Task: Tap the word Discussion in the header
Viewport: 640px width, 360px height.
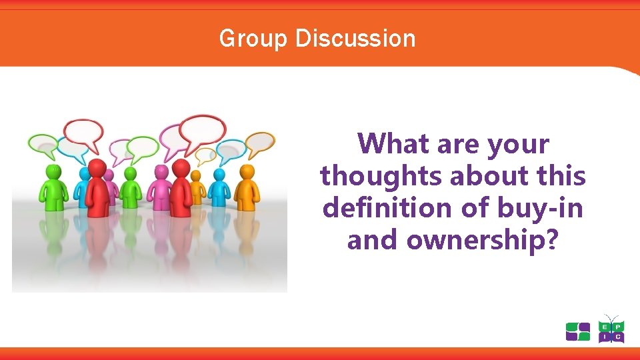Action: click(355, 39)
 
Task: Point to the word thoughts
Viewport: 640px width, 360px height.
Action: click(381, 176)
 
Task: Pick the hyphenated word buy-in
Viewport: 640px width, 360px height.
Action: click(540, 208)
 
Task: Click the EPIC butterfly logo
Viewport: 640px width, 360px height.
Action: click(611, 329)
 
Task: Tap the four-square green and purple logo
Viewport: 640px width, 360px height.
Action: click(578, 331)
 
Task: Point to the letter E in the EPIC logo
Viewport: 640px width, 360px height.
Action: click(603, 325)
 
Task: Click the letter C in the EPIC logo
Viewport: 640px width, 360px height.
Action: click(619, 338)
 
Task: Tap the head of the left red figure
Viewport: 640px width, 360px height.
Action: click(98, 167)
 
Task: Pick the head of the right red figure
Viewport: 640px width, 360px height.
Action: click(181, 167)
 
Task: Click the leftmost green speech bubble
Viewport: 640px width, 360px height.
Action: click(43, 143)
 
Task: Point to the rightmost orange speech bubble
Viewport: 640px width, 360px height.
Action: click(259, 141)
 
